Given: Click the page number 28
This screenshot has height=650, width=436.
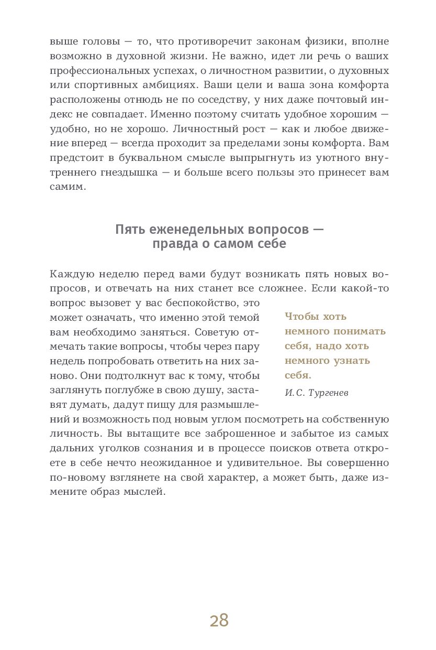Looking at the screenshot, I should [219, 621].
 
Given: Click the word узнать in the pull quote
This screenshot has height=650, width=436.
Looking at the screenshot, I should [350, 361].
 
